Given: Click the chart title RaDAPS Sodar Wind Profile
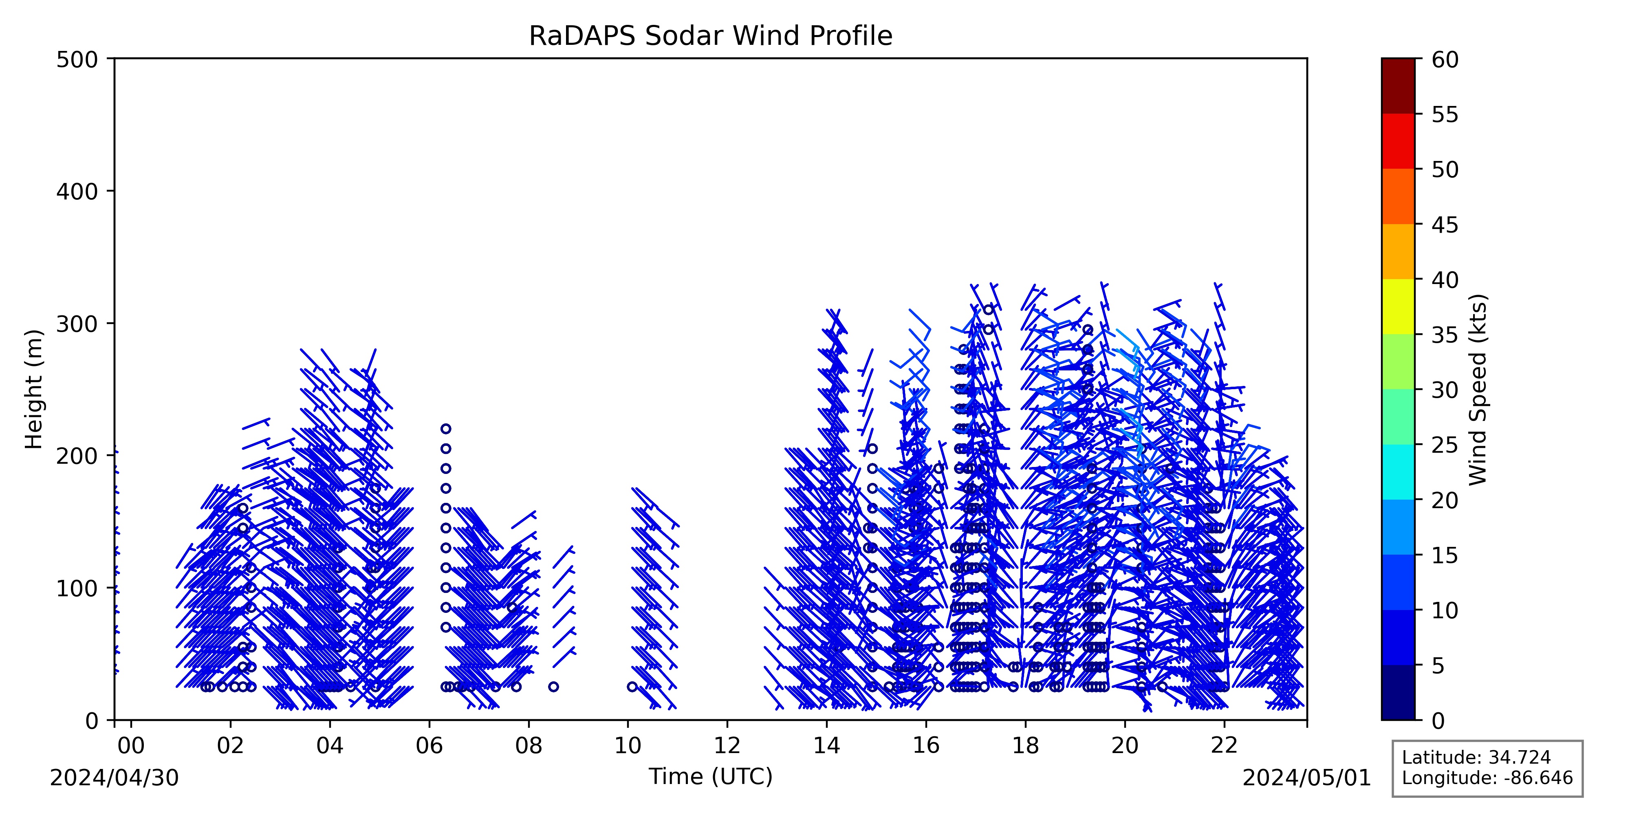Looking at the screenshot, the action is pyautogui.click(x=711, y=36).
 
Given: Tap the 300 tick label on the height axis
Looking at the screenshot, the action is pyautogui.click(x=81, y=324).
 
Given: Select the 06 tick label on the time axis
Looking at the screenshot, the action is pyautogui.click(x=430, y=746).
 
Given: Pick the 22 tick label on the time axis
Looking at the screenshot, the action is pyautogui.click(x=1225, y=746).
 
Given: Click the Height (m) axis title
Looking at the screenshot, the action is pyautogui.click(x=34, y=389).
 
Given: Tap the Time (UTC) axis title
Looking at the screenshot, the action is pyautogui.click(x=711, y=776).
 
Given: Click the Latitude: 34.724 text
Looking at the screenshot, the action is pyautogui.click(x=1476, y=758).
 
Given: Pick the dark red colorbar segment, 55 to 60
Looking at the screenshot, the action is pyautogui.click(x=1398, y=86).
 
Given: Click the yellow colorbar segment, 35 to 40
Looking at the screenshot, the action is pyautogui.click(x=1398, y=307).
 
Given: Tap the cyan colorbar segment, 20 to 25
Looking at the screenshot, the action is pyautogui.click(x=1398, y=472).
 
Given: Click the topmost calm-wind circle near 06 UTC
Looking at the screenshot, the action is pyautogui.click(x=445, y=428).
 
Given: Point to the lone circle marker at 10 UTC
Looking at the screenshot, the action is pyautogui.click(x=632, y=687).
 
